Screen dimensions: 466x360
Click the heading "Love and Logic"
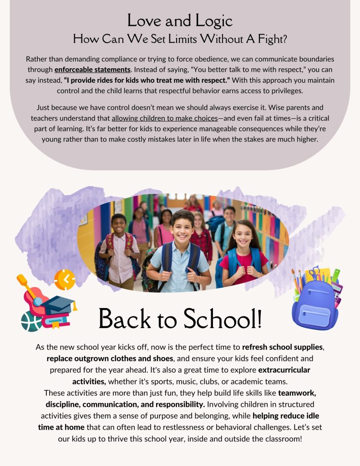pyautogui.click(x=180, y=20)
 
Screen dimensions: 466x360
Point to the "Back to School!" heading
pyautogui.click(x=180, y=319)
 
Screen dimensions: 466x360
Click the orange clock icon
pyautogui.click(x=65, y=280)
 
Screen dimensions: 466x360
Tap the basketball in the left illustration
pyautogui.click(x=32, y=321)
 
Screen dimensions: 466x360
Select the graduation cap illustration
pyautogui.click(x=60, y=304)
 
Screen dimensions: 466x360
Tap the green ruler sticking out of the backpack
pyautogui.click(x=336, y=276)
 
